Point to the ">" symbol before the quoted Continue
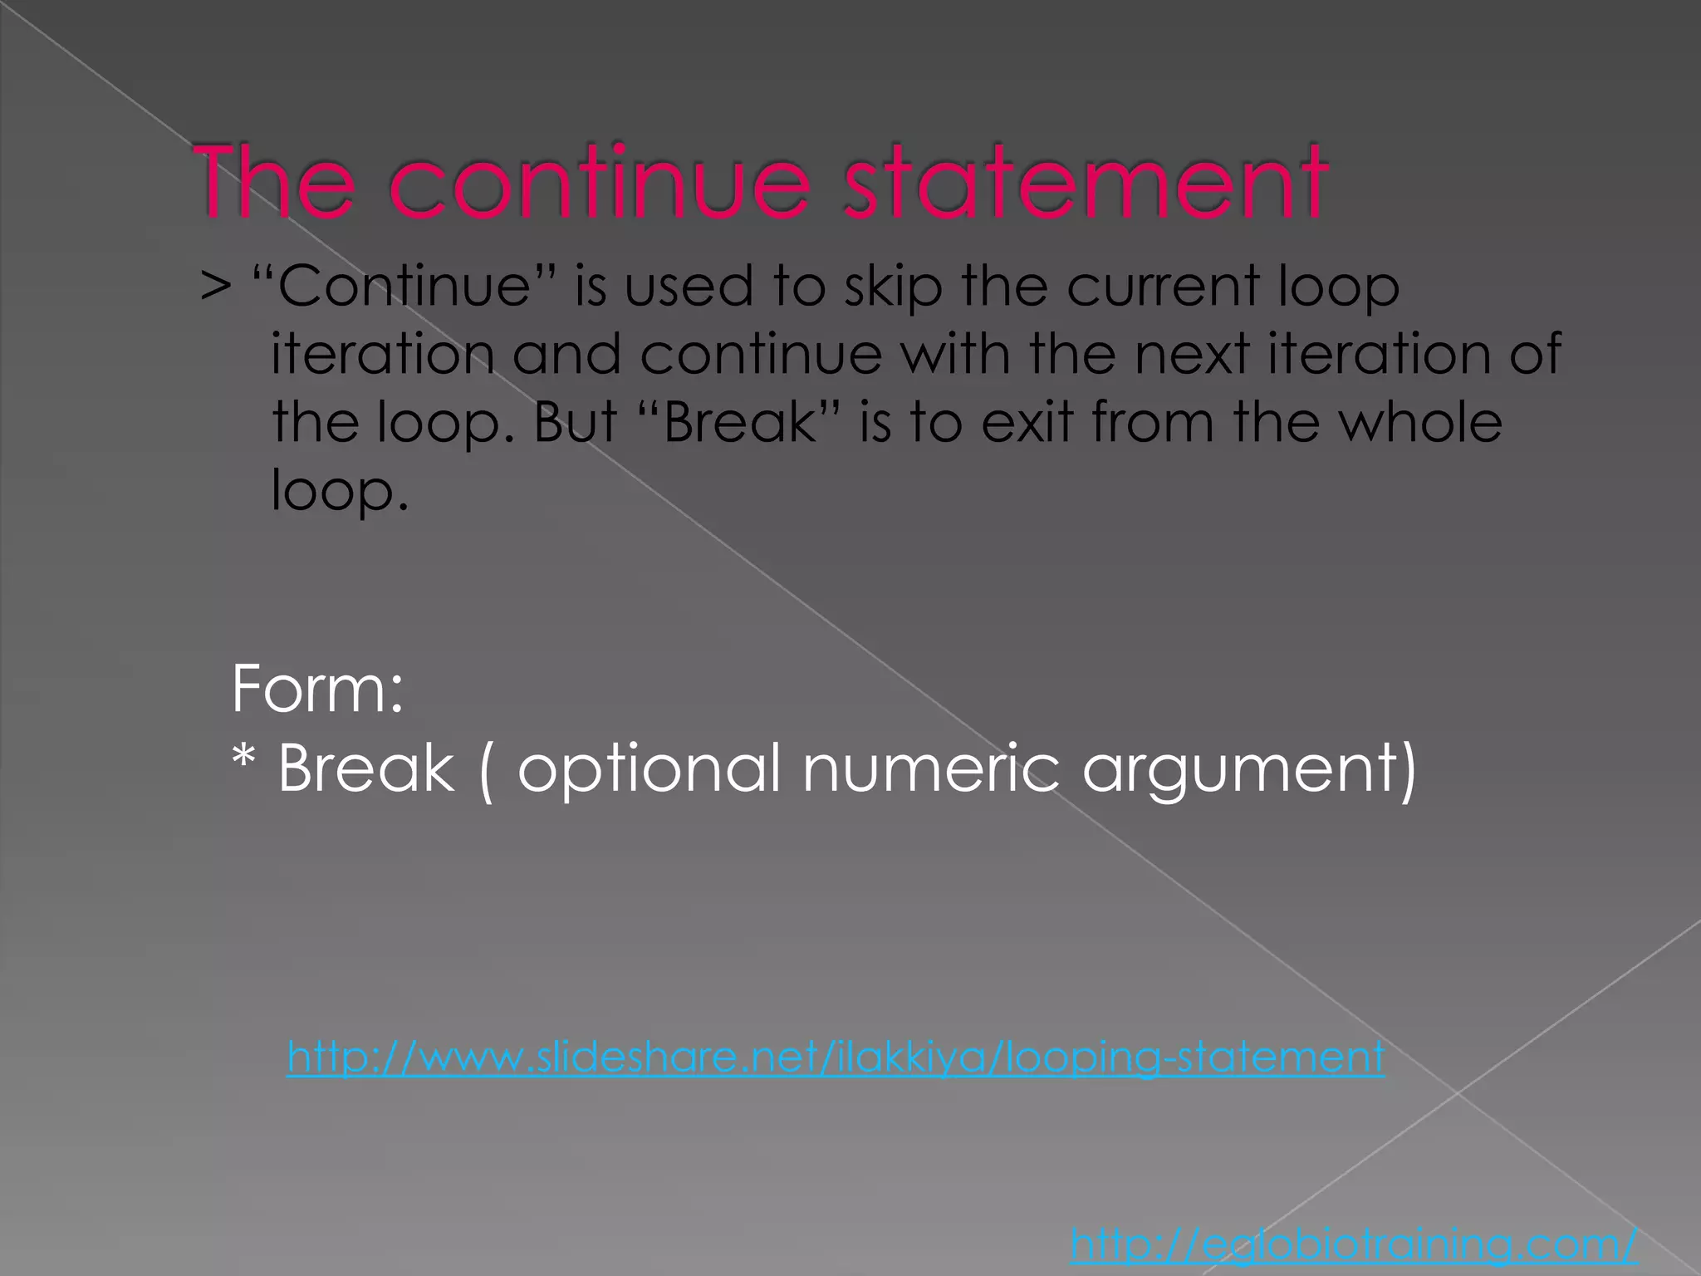click(x=215, y=287)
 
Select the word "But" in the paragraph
click(x=575, y=422)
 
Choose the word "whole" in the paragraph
click(x=1422, y=422)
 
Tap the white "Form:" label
click(x=317, y=689)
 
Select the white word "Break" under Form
click(x=365, y=768)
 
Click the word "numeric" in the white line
click(x=931, y=768)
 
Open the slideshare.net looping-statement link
click(x=835, y=1058)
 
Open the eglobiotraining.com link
click(x=1354, y=1244)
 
